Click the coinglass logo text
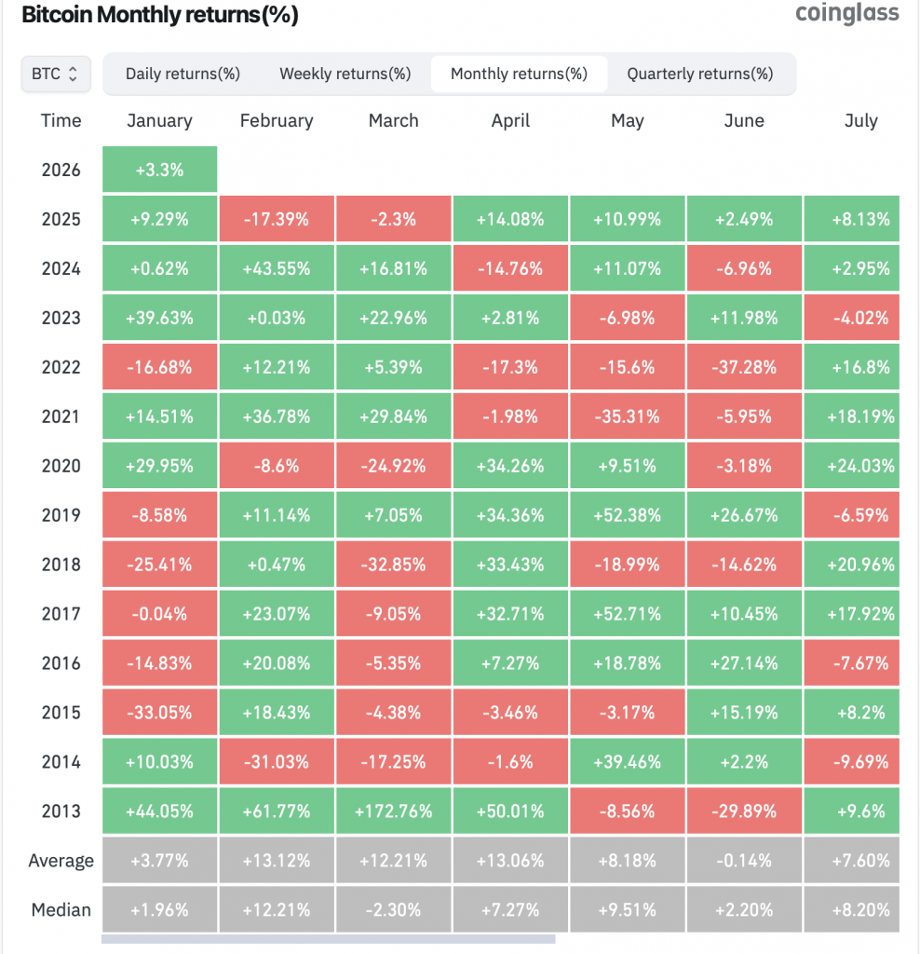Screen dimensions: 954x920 847,13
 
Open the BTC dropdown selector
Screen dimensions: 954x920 56,74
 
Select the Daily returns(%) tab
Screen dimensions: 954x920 183,74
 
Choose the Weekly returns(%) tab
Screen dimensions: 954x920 345,74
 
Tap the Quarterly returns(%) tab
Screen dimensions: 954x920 699,74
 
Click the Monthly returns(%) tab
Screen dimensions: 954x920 519,74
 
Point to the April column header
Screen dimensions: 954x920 510,121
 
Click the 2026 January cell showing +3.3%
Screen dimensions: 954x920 159,170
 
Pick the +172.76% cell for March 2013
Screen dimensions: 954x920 393,811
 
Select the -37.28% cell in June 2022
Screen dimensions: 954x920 744,367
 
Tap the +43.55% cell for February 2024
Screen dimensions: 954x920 276,268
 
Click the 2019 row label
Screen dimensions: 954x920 61,515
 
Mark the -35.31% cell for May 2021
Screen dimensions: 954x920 628,416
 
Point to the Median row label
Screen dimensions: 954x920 61,909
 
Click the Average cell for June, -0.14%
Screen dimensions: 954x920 744,860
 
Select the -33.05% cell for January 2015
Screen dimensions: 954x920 159,713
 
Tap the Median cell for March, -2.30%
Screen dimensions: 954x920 393,909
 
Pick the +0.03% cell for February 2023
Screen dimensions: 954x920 276,318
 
